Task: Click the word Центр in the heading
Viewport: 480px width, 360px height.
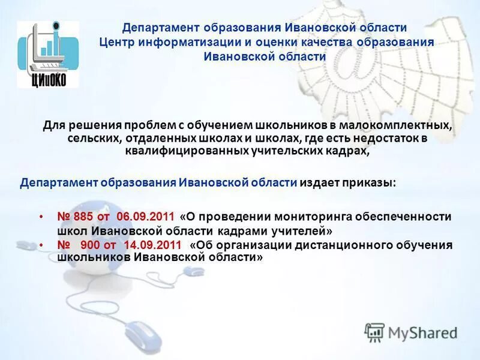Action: click(119, 43)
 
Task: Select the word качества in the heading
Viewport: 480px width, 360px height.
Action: click(322, 43)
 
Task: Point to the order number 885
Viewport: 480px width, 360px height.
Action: click(84, 216)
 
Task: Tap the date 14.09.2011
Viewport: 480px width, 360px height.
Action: click(152, 245)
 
